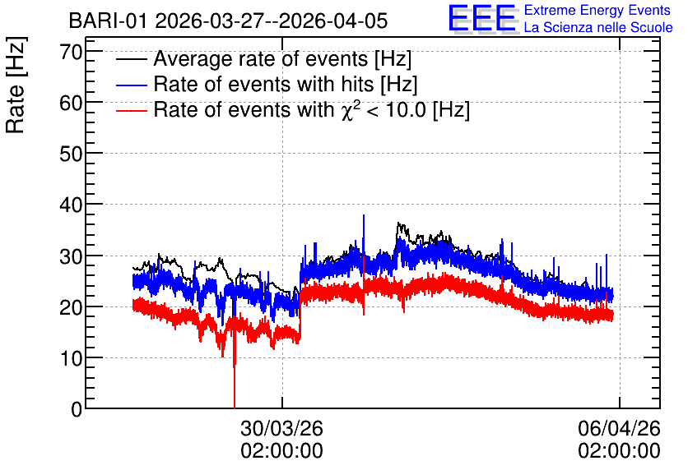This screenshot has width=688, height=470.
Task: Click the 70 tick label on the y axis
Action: pos(71,52)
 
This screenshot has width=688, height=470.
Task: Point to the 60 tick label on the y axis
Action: pos(71,104)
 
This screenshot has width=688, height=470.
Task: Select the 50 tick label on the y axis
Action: pos(71,154)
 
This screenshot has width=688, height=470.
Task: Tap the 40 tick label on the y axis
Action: pos(71,205)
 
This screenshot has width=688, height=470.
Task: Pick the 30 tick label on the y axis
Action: pos(71,256)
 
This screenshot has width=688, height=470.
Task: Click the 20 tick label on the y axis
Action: pos(71,308)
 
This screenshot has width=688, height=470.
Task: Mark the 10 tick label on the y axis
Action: pos(71,359)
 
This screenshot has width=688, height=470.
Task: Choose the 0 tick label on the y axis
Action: pos(77,409)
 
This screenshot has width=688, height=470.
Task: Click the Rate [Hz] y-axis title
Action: pos(16,85)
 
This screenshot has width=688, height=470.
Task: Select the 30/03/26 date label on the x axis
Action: pos(281,428)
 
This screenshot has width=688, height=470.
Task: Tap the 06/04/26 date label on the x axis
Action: pos(619,428)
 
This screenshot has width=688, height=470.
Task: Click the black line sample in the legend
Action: pos(131,59)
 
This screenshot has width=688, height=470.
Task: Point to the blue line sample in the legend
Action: pos(131,85)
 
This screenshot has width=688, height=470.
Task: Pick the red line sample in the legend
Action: pos(131,110)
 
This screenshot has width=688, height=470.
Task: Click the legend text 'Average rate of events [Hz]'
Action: pos(282,59)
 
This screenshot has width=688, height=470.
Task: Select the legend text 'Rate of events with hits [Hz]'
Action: pos(286,85)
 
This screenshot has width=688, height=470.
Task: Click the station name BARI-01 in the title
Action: pos(108,21)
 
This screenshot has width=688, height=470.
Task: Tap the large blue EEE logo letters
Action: pos(482,18)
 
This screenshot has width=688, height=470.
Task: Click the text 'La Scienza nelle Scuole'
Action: pos(598,28)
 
